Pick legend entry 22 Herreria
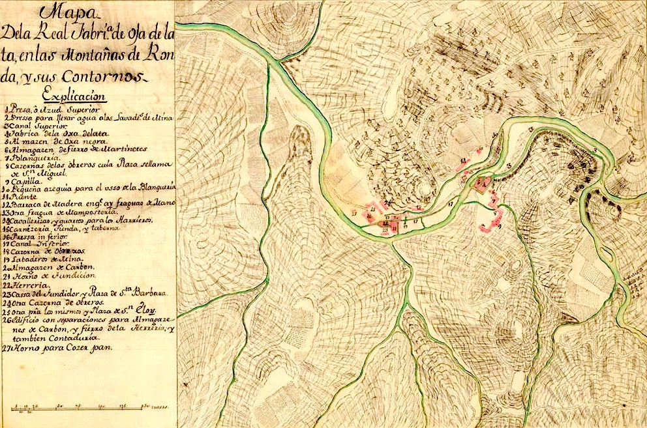pyautogui.click(x=29, y=284)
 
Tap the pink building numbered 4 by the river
pyautogui.click(x=483, y=184)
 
